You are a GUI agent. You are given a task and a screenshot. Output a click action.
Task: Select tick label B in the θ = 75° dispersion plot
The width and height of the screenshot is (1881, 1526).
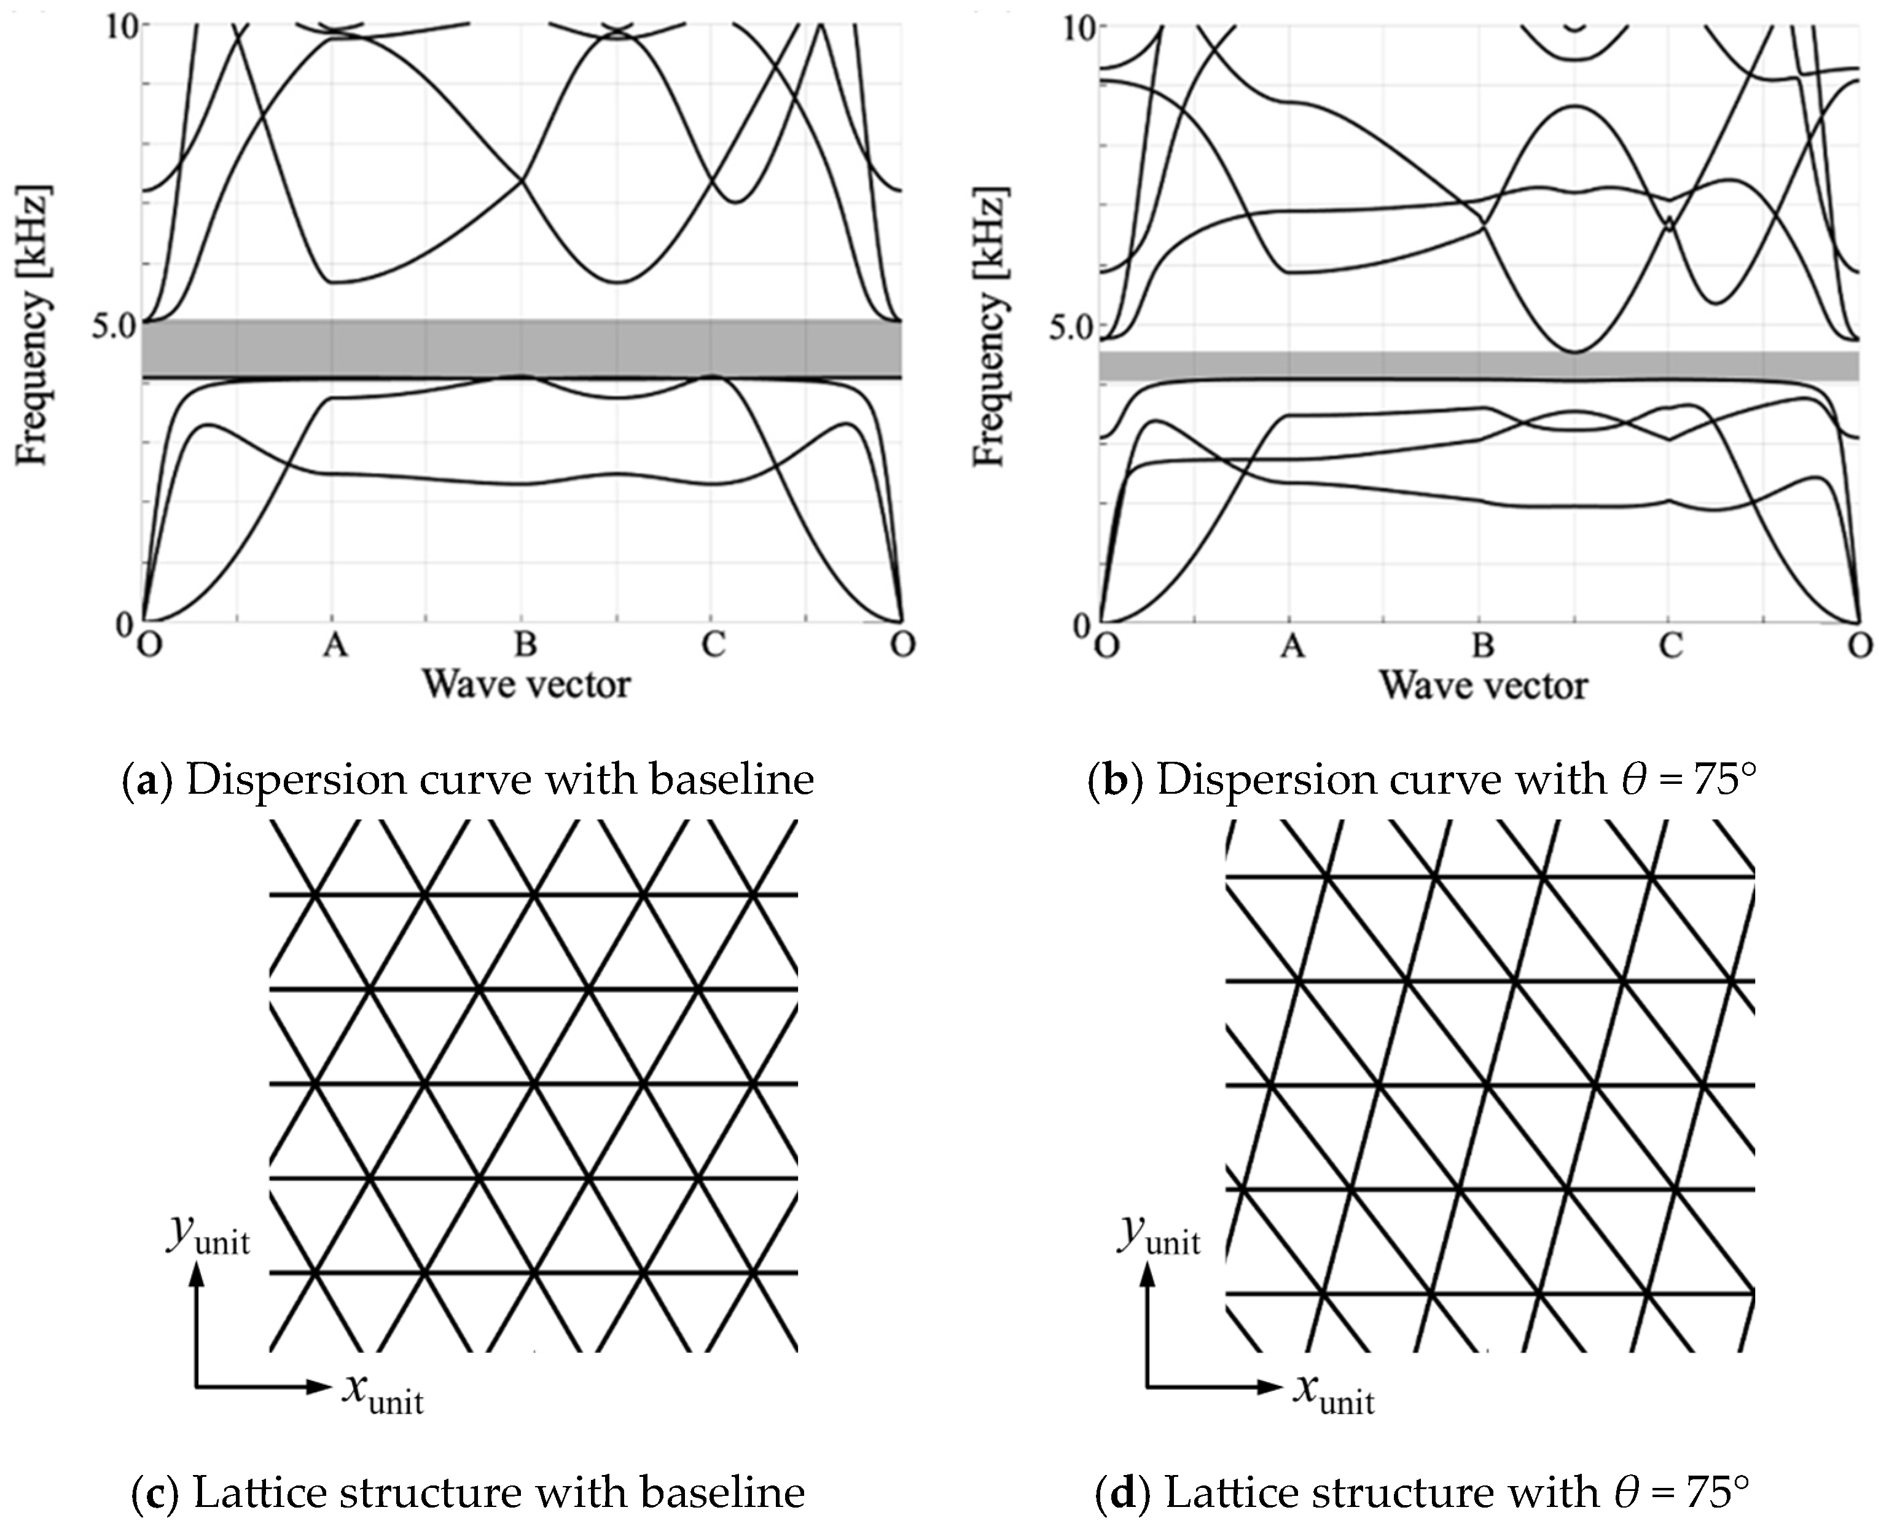tap(1483, 647)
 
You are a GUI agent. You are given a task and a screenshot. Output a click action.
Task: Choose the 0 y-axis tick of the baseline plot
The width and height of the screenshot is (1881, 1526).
tap(125, 623)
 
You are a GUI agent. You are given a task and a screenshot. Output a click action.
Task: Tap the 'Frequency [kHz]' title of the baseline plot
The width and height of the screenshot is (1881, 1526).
tap(33, 324)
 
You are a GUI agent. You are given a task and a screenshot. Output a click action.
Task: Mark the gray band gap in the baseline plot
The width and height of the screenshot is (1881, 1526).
tap(522, 349)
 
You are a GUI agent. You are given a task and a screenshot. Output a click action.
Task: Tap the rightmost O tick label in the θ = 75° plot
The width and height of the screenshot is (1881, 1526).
tap(1859, 647)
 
